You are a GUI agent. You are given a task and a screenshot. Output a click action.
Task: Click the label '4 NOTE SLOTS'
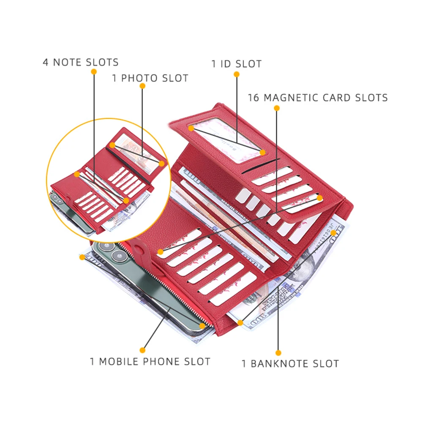(80, 63)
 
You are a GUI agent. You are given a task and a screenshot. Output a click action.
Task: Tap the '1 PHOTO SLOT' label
(150, 78)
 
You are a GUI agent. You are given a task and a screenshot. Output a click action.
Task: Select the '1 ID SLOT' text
(236, 64)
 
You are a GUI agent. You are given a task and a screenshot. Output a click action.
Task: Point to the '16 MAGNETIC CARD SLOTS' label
(317, 98)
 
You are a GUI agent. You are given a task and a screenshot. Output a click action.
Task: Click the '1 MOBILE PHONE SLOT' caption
(150, 362)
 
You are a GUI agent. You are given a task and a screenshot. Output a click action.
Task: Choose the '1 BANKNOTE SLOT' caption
(290, 363)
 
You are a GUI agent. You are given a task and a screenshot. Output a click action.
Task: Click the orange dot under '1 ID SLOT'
(237, 74)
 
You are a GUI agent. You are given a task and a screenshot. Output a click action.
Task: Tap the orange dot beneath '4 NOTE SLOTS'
(93, 72)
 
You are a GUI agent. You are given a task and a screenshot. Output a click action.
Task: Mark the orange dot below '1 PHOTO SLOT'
(142, 86)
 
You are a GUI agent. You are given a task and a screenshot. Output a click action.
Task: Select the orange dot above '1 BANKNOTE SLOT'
(278, 352)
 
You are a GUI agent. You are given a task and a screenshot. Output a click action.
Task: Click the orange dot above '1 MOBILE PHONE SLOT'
(142, 350)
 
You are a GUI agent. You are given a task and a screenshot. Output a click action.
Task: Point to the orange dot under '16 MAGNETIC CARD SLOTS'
(277, 108)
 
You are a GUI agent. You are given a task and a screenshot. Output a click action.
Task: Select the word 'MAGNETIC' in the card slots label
(291, 98)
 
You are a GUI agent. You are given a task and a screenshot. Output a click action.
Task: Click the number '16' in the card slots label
(253, 98)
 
